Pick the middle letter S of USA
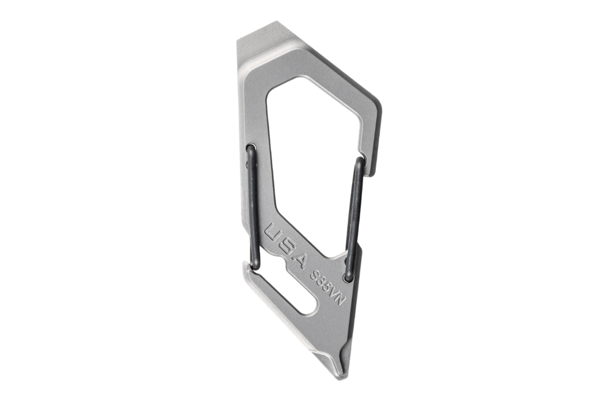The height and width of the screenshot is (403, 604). (x=287, y=245)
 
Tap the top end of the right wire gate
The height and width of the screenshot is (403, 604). (x=361, y=159)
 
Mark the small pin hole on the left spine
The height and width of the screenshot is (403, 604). (x=247, y=165)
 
